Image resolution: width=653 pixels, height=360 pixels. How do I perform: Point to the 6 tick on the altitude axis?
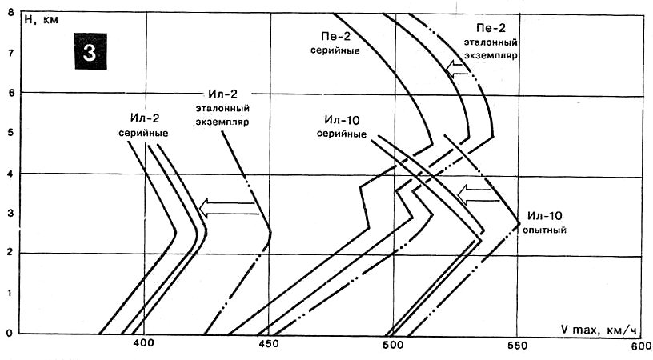8,93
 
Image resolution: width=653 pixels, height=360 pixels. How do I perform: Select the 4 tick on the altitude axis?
8,174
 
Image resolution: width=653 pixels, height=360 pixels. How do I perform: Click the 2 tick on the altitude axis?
8,254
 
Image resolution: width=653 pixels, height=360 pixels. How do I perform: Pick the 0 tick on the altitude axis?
8,334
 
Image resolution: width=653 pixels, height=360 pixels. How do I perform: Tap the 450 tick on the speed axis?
268,345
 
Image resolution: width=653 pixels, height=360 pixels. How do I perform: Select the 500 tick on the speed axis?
392,345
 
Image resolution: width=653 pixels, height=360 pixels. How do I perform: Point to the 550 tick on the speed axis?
516,345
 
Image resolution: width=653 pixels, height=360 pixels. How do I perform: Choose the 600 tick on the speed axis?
640,345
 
